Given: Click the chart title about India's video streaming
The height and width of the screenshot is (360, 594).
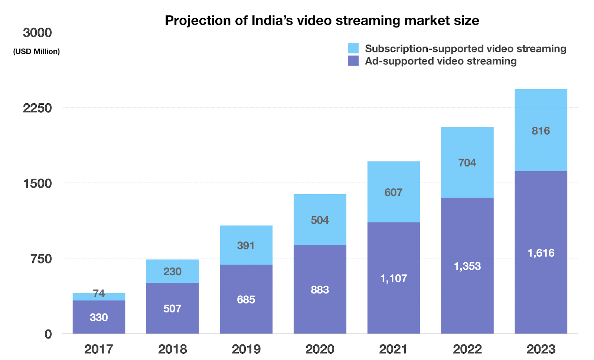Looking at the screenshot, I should [322, 20].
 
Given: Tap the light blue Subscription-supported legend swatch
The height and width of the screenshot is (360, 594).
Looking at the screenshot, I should [353, 49].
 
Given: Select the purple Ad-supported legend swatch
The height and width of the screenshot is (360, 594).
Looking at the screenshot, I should [353, 61].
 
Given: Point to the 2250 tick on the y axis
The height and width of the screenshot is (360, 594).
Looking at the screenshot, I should [37, 108].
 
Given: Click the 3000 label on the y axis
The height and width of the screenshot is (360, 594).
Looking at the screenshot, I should [37, 33].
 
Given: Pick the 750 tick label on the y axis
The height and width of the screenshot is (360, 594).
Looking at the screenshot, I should [41, 259].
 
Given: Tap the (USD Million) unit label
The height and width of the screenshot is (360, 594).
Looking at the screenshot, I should [36, 52].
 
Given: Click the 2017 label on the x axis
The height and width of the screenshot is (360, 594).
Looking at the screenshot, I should [99, 349].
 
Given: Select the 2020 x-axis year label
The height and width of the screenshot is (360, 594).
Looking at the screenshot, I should [320, 349].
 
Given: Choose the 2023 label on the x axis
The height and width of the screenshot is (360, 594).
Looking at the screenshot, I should [541, 349].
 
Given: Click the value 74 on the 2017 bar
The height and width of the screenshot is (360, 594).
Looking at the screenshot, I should [99, 294].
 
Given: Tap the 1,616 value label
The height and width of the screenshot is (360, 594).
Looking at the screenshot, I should [541, 253].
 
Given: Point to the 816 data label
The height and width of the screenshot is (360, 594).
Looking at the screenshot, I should [541, 131].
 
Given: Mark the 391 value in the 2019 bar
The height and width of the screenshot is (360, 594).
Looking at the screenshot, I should [246, 246].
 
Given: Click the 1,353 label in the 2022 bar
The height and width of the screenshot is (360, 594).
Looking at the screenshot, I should [467, 266].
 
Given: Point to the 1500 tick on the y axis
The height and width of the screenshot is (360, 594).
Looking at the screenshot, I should [37, 184].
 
